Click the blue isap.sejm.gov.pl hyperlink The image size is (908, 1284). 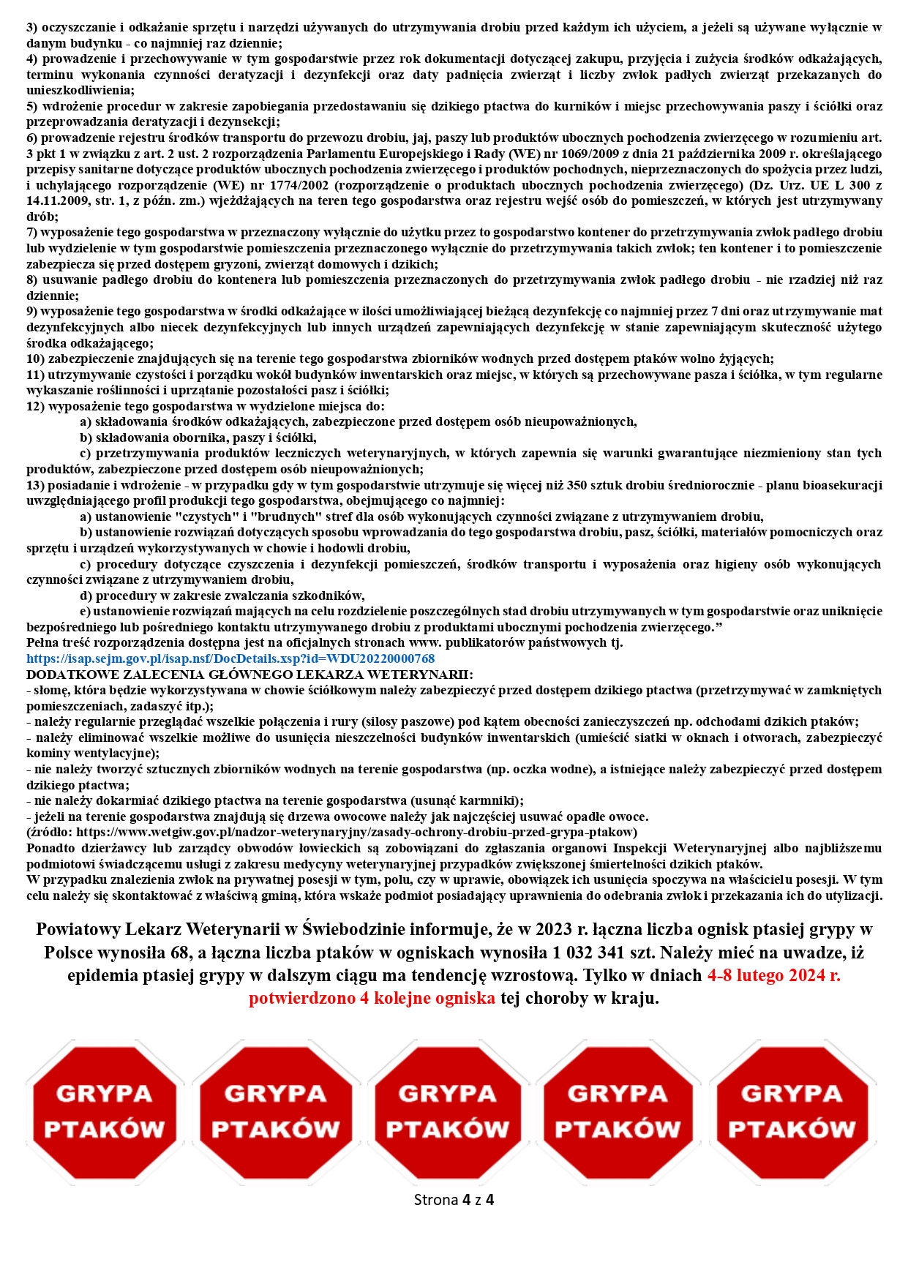230,658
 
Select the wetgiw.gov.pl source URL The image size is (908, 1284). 356,832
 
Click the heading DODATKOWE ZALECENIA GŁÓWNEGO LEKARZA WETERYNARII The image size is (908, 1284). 249,674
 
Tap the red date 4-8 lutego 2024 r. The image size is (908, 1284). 773,975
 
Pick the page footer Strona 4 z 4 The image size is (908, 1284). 454,1199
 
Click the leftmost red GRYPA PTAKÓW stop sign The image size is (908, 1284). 104,1111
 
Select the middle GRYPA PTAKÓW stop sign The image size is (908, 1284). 447,1111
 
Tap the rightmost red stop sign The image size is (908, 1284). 792,1111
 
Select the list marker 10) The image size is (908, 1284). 36,358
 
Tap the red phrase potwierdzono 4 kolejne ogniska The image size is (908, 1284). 372,998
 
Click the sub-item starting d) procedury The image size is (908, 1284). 222,596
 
